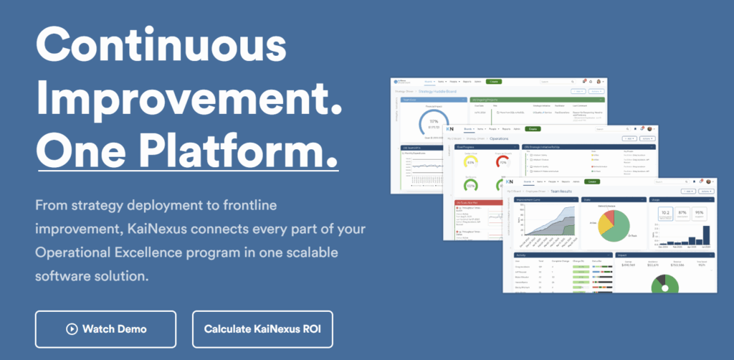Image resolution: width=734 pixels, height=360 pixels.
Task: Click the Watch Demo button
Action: tap(105, 329)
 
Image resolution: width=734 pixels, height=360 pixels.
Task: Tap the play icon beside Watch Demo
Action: tap(72, 329)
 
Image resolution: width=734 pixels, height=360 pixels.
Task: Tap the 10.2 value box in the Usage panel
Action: tap(664, 213)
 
